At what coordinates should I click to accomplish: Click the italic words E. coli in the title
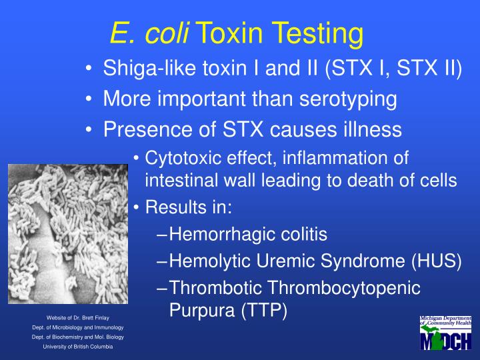pos(151,32)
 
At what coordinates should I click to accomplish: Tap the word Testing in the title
pos(318,32)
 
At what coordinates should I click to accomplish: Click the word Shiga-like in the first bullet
pos(139,69)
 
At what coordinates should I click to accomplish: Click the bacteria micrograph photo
pos(67,233)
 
